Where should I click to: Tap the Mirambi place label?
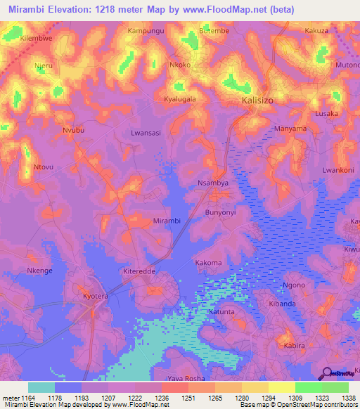[x=167, y=221]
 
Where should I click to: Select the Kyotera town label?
[x=96, y=297]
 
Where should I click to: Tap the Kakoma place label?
[x=208, y=263]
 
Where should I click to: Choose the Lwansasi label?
[x=146, y=132]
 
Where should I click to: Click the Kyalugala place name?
[x=180, y=99]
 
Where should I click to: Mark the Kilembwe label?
[x=37, y=38]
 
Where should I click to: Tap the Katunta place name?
[x=221, y=311]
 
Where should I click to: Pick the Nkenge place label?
[x=39, y=271]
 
